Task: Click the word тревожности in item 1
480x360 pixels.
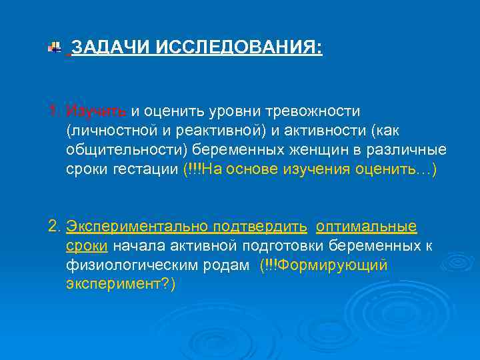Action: (315, 110)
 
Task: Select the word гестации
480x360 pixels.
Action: (146, 169)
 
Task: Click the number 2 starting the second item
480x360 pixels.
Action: (54, 227)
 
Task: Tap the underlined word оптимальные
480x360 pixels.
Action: (366, 227)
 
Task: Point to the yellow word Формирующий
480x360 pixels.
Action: (332, 266)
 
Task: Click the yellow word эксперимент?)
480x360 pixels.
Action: (121, 285)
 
